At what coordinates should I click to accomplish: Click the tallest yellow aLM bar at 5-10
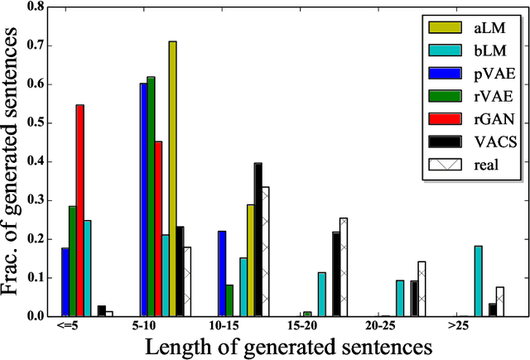point(173,178)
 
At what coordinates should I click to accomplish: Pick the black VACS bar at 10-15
point(258,239)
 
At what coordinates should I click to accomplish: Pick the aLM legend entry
point(473,27)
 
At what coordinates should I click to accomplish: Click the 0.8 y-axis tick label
point(36,7)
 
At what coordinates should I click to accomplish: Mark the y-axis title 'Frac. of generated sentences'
point(12,161)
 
